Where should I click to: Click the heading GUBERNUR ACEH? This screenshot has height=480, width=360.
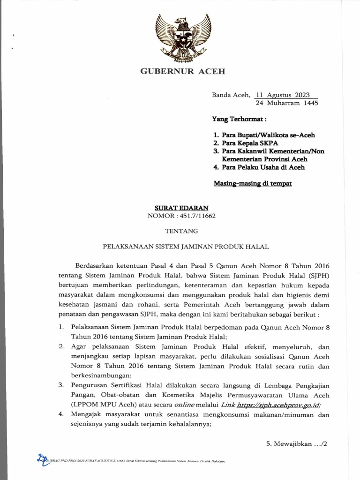(x=183, y=72)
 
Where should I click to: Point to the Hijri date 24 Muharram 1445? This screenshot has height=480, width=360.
(x=286, y=103)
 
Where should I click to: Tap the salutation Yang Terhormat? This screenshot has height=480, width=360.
(x=240, y=120)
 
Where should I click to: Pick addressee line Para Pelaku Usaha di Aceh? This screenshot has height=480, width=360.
(x=259, y=167)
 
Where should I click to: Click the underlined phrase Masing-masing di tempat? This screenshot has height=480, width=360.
(x=252, y=183)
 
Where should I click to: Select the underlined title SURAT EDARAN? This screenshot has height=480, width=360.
(x=181, y=207)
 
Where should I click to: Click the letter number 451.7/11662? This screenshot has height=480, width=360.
(x=197, y=215)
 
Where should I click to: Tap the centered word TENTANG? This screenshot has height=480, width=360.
(x=182, y=231)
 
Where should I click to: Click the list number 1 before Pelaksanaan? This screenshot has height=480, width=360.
(x=61, y=328)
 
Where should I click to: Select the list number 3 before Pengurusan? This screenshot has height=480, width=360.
(x=61, y=385)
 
